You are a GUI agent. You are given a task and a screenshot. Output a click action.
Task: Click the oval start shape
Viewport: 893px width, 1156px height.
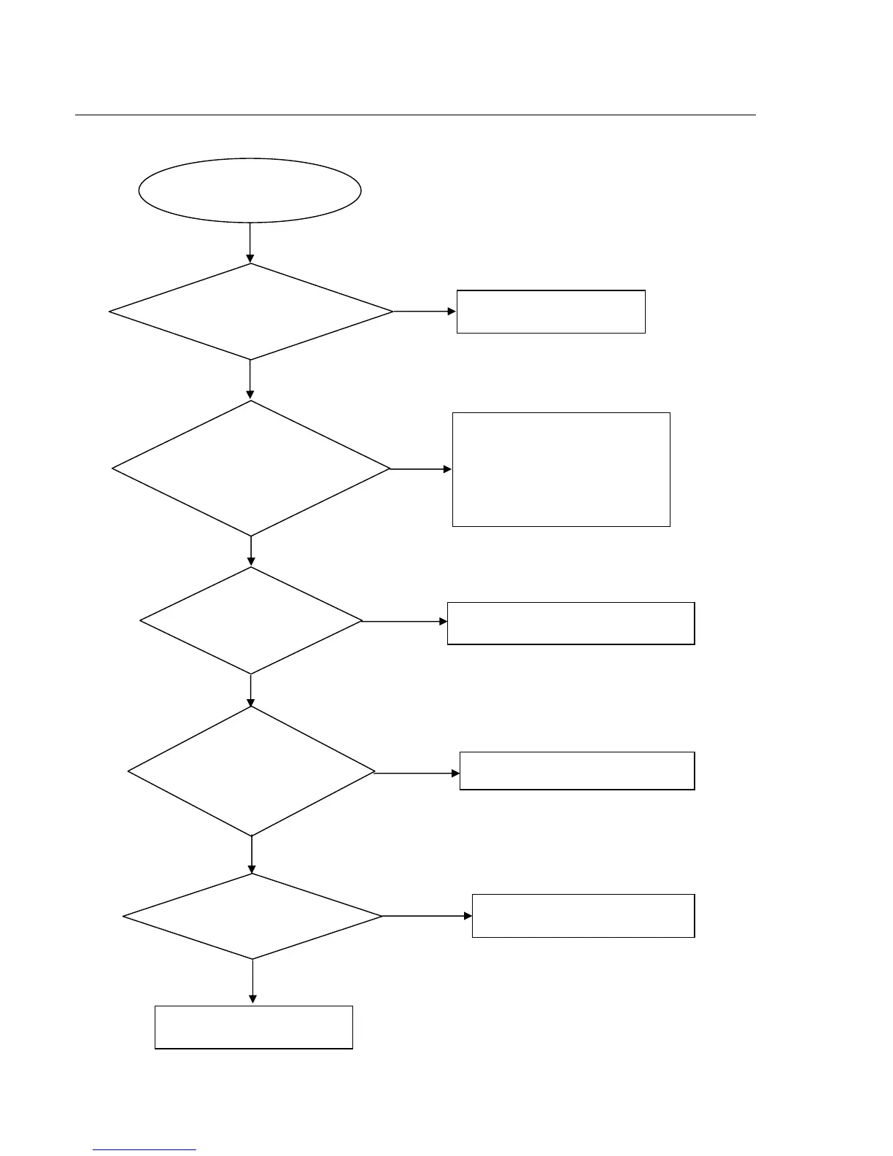coord(250,190)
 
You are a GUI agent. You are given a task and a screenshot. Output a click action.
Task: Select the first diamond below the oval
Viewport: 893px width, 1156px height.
coord(250,312)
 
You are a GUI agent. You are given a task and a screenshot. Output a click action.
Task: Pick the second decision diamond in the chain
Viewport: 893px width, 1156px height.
coord(251,469)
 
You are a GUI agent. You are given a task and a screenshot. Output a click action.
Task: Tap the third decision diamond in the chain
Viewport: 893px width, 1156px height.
coord(251,621)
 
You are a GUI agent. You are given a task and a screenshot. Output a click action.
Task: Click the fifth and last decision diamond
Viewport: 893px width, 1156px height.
coord(252,916)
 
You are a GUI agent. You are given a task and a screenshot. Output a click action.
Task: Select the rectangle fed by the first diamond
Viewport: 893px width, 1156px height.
coord(551,312)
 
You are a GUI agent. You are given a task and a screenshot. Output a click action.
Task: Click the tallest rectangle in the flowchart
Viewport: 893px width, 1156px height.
coord(561,469)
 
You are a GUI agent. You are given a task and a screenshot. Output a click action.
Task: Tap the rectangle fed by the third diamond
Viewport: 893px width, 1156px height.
coord(571,623)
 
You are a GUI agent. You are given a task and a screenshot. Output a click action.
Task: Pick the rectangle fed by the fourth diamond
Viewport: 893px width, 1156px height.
coord(577,771)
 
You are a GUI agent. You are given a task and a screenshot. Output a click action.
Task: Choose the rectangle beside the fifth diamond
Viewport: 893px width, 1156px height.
coord(583,916)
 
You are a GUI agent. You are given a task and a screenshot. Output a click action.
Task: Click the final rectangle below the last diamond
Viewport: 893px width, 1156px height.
coord(254,1028)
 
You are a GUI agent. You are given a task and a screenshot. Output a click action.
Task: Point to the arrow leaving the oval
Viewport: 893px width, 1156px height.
coord(250,242)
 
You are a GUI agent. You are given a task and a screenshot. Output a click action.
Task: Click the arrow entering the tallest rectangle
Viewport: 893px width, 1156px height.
coord(421,469)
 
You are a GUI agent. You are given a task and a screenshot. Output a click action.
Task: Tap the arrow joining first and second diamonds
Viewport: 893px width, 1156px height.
coord(250,379)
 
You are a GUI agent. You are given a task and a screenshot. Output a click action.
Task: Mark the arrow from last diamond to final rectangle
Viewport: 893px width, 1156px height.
coord(252,982)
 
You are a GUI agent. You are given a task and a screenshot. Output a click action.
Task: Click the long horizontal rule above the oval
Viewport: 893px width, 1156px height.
coord(415,115)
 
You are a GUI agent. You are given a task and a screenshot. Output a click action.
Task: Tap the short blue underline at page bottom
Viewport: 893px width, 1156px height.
coord(144,1150)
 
